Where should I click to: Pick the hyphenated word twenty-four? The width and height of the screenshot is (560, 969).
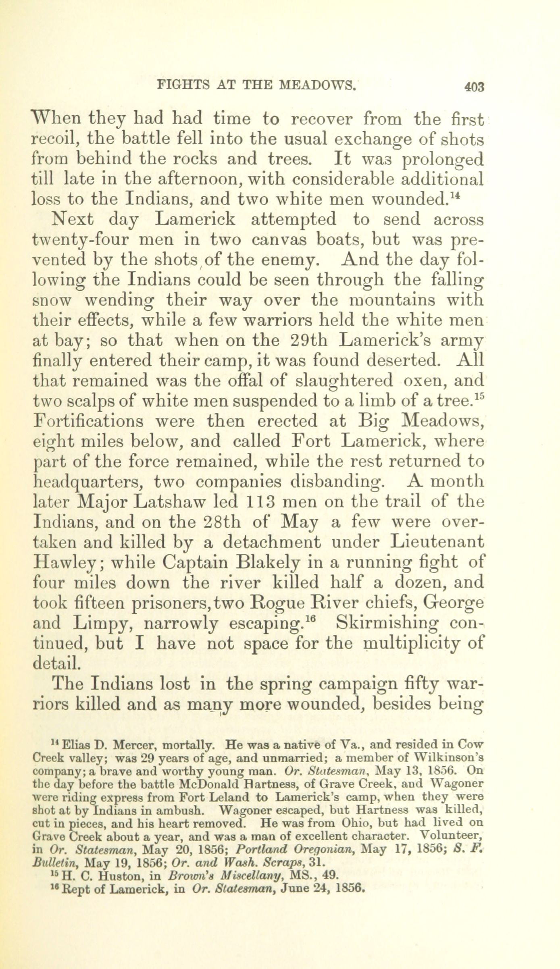(x=79, y=241)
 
